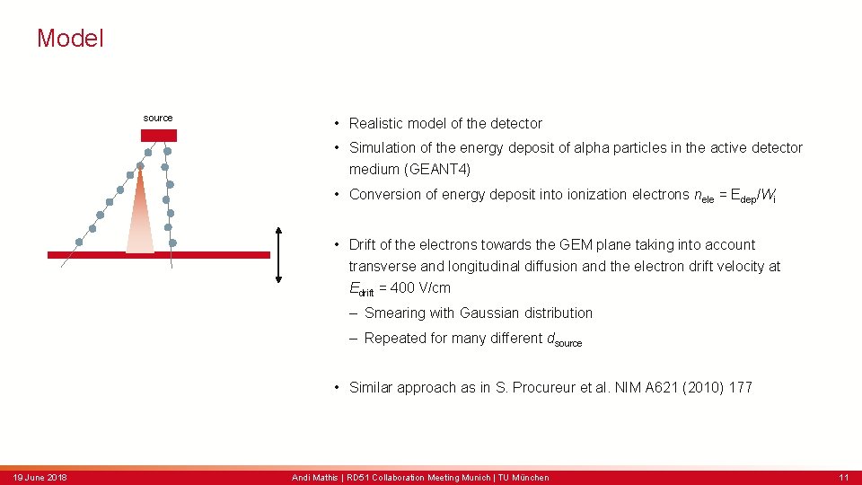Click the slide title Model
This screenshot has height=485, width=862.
(x=70, y=39)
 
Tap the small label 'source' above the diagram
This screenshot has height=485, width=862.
(x=158, y=118)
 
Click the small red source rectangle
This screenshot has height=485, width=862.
(x=159, y=136)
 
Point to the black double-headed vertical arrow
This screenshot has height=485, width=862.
(x=279, y=255)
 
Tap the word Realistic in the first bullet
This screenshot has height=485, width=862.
(x=379, y=123)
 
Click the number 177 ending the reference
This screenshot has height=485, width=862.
(x=740, y=387)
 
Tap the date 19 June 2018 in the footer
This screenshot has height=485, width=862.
(x=40, y=477)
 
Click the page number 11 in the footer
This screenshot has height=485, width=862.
(x=843, y=477)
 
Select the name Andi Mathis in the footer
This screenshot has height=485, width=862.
(x=313, y=477)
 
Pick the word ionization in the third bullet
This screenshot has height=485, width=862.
(x=597, y=194)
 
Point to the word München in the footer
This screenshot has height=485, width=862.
(x=531, y=477)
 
